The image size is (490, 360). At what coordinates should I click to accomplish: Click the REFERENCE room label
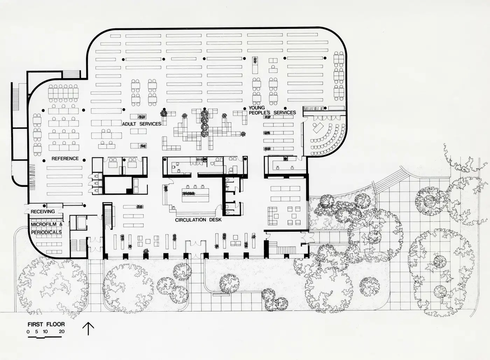[x=65, y=158]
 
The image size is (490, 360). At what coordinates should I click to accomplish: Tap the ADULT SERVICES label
[x=141, y=124]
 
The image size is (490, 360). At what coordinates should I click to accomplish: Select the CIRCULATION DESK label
[x=198, y=220]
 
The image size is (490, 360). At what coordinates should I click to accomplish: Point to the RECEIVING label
[x=43, y=212]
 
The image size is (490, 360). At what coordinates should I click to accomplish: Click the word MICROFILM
[x=44, y=224]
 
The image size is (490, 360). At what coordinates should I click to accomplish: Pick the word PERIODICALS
[x=46, y=232]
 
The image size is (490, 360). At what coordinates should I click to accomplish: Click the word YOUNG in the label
[x=257, y=108]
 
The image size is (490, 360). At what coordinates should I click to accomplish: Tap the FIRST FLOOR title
[x=46, y=324]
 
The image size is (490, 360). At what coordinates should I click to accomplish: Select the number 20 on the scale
[x=62, y=331]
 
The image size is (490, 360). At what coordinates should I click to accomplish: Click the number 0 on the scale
[x=28, y=332]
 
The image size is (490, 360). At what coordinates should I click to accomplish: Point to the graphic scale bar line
[x=45, y=337]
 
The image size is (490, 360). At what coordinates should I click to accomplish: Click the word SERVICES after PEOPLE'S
[x=285, y=113]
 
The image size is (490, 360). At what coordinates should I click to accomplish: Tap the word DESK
[x=215, y=220]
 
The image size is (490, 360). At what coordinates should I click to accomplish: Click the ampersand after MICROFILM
[x=61, y=224]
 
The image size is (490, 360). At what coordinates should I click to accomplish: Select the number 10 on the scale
[x=45, y=331]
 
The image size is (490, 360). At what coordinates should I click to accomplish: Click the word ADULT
[x=129, y=124]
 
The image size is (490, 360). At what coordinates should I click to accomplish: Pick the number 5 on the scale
[x=36, y=331]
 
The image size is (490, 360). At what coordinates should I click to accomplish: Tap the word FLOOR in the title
[x=56, y=324]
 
